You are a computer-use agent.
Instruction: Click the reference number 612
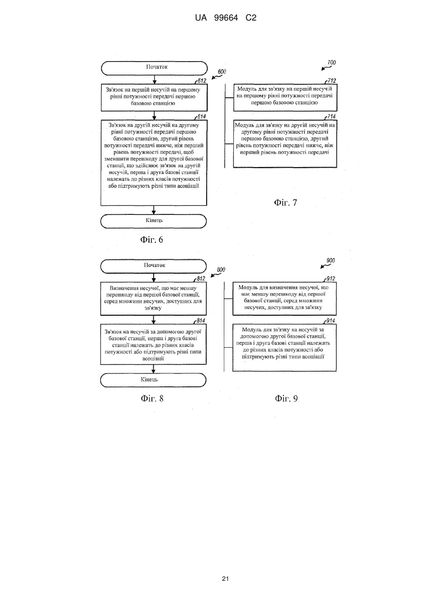[x=202, y=81]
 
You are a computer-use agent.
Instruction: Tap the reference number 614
[x=201, y=117]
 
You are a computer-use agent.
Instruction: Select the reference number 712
[x=332, y=81]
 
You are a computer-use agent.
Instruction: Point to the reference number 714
[x=332, y=117]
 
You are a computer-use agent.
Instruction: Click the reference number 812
[x=201, y=279]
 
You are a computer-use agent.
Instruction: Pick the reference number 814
[x=201, y=320]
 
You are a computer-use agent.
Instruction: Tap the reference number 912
[x=331, y=279]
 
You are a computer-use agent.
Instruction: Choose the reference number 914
[x=330, y=320]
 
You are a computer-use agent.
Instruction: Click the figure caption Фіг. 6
[x=152, y=239]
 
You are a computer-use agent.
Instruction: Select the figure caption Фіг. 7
[x=285, y=203]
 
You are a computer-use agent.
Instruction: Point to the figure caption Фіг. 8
[x=152, y=398]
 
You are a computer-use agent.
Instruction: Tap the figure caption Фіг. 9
[x=286, y=398]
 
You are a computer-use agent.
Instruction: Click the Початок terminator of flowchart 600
[x=154, y=68]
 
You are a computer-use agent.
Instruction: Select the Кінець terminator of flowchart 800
[x=153, y=380]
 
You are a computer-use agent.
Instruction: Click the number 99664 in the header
[x=226, y=18]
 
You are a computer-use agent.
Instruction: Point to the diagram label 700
[x=332, y=63]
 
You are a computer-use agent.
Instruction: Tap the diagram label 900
[x=331, y=261]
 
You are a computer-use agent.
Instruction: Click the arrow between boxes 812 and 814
[x=154, y=320]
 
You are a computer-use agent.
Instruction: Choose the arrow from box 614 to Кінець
[x=154, y=210]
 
